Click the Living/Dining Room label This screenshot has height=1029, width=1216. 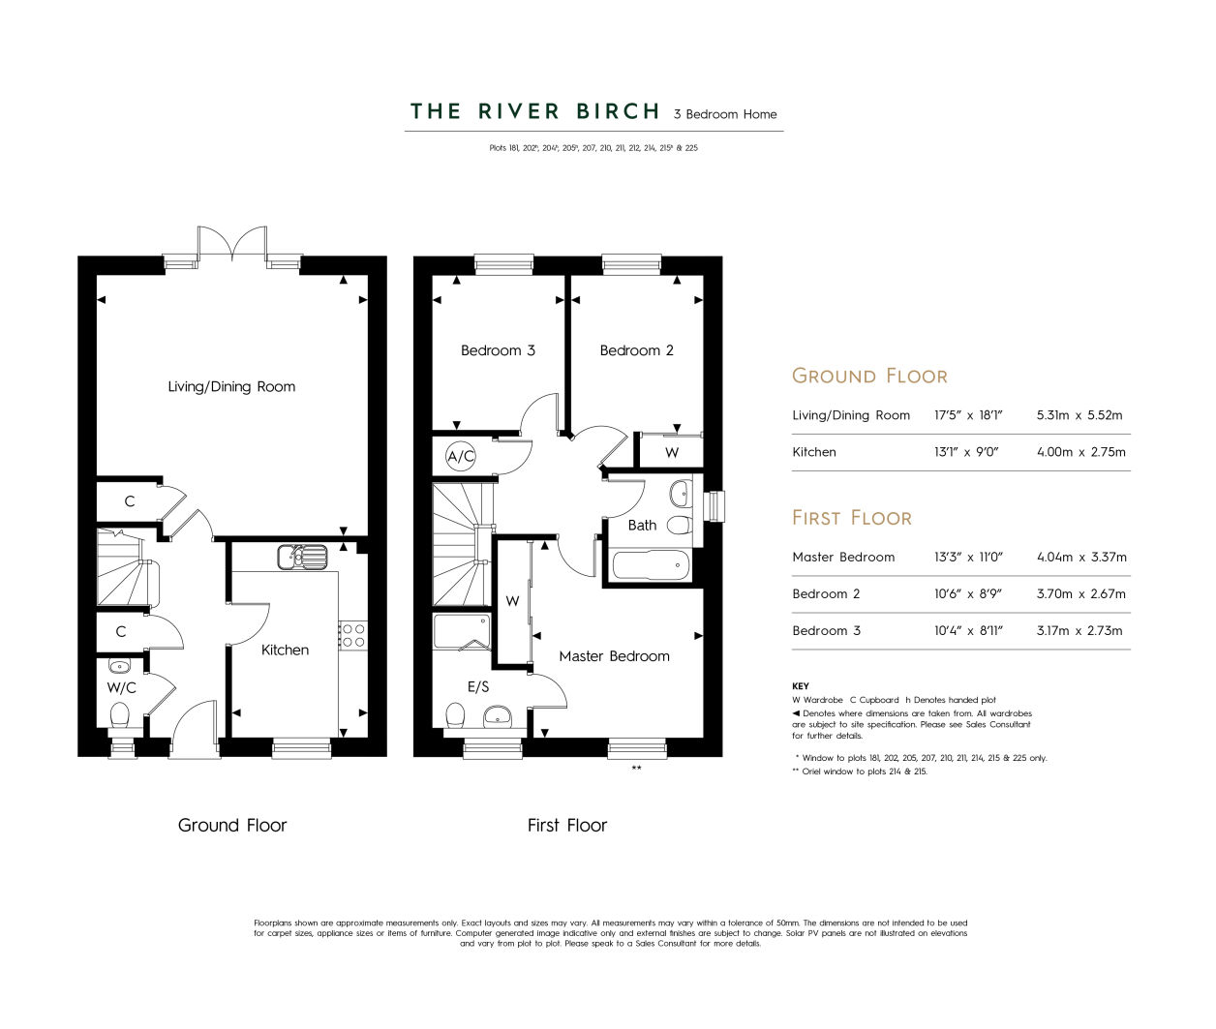(231, 386)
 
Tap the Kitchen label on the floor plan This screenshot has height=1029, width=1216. (285, 650)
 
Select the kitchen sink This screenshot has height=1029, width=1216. (302, 558)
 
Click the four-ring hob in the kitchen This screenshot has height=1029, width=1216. (353, 635)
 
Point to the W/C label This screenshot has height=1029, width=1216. (121, 687)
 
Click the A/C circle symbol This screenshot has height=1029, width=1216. (461, 456)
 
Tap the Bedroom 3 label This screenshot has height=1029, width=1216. (498, 350)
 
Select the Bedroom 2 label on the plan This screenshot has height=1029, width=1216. (636, 350)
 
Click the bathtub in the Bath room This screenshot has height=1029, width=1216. (651, 564)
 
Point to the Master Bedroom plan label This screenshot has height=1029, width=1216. (614, 656)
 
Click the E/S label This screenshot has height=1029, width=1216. (478, 686)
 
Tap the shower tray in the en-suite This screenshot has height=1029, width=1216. (462, 632)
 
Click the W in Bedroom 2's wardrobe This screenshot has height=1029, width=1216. (672, 452)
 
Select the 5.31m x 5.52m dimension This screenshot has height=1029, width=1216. (1079, 414)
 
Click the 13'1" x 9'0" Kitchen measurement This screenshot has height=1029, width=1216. (966, 452)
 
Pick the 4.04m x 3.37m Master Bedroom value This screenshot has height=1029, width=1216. (1081, 557)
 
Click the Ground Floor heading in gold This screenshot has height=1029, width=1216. (869, 376)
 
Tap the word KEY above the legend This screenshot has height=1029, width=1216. (800, 686)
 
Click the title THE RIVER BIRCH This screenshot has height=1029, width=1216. (534, 111)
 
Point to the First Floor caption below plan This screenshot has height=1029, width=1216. (567, 825)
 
